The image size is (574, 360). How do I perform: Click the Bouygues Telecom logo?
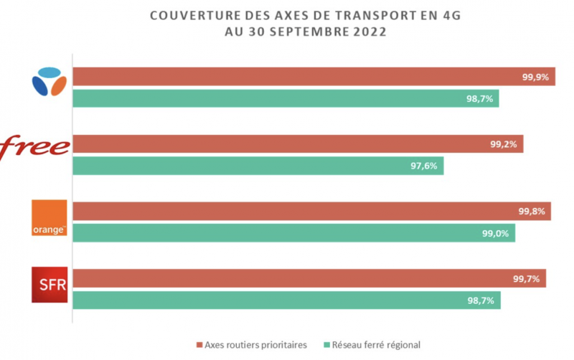click(x=50, y=81)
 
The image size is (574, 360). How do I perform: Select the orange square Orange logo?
click(x=50, y=217)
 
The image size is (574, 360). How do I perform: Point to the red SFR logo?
click(x=50, y=285)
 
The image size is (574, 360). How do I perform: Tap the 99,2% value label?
click(x=505, y=144)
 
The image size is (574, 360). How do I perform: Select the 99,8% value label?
click(x=532, y=211)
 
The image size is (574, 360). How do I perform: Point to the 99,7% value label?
click(x=527, y=278)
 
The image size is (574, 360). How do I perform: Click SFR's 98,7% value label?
click(x=481, y=300)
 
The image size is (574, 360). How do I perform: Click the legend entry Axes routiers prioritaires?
click(x=255, y=345)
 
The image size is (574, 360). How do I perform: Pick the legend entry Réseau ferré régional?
click(x=375, y=345)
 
